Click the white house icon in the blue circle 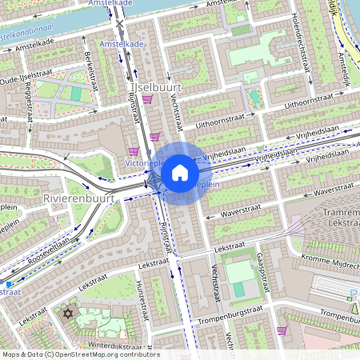pos(180,173)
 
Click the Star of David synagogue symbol pos(68,313)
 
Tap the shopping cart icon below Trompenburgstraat pos(282,330)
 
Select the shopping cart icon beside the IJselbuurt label pos(147,99)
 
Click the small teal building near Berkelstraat pos(76,94)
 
